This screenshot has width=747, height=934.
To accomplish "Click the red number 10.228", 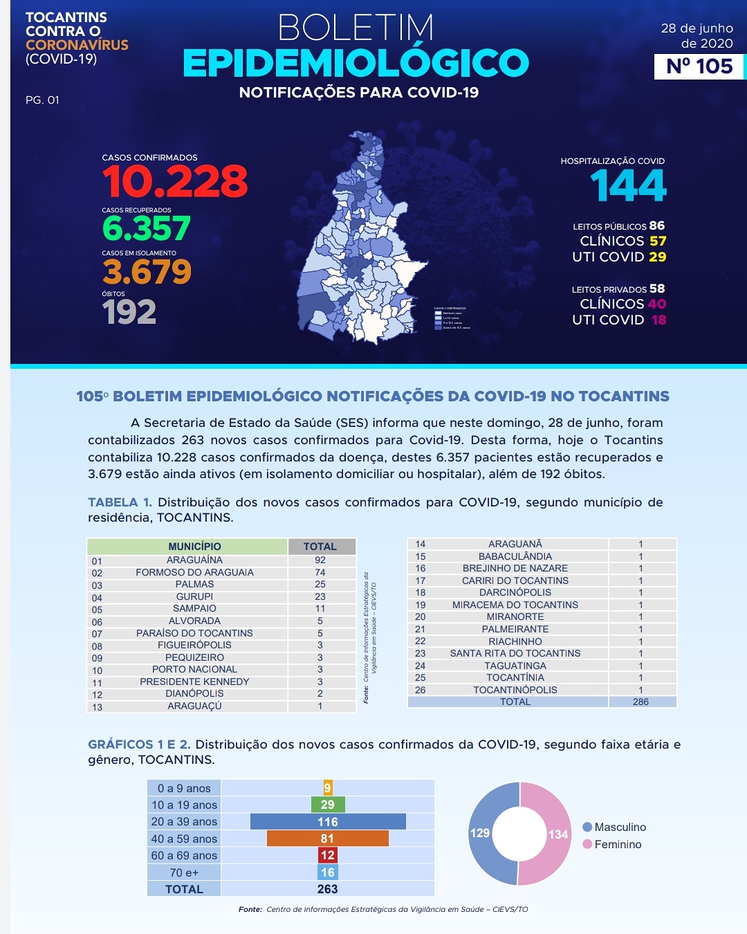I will [174, 182].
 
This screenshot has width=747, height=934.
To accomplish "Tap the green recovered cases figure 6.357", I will [146, 228].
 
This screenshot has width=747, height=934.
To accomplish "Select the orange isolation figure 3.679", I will [147, 271].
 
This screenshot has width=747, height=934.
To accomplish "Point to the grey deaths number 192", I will [129, 312].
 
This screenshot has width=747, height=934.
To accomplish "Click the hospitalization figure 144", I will [628, 186].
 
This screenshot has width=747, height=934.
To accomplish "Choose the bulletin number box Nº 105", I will [699, 66].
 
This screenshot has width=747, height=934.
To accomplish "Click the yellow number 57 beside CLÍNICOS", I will [658, 241].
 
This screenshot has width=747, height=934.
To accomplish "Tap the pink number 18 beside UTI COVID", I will [658, 320].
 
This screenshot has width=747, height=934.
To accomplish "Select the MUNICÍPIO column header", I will [194, 547].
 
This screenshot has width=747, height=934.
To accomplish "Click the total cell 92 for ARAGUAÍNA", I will [320, 560].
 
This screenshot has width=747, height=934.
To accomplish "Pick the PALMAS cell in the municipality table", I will [194, 584].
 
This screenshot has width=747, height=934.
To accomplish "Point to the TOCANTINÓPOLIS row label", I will [515, 690].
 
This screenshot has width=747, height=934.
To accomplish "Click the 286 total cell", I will [640, 702].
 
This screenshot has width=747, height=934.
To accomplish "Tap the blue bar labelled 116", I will [328, 822].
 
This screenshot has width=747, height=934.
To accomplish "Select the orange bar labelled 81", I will [328, 839].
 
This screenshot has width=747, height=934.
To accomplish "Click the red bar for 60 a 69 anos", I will [328, 855].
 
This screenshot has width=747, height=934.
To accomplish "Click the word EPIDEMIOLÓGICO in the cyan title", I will [356, 64].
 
